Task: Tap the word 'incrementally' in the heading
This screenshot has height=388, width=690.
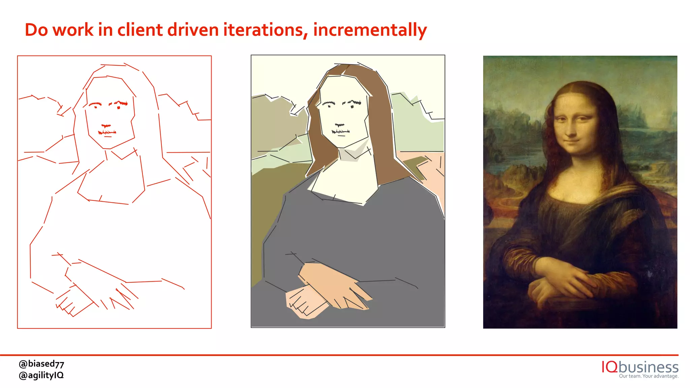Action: (x=370, y=30)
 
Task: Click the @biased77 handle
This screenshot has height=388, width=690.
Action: (x=41, y=364)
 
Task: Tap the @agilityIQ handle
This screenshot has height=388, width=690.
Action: (x=41, y=375)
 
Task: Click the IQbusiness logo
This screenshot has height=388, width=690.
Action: (x=640, y=367)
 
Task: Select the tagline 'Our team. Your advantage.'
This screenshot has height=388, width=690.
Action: (x=649, y=376)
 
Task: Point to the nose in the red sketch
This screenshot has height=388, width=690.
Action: (x=106, y=126)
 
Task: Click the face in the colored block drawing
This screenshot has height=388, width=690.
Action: (x=342, y=111)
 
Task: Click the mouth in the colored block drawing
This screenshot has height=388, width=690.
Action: (x=341, y=132)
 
